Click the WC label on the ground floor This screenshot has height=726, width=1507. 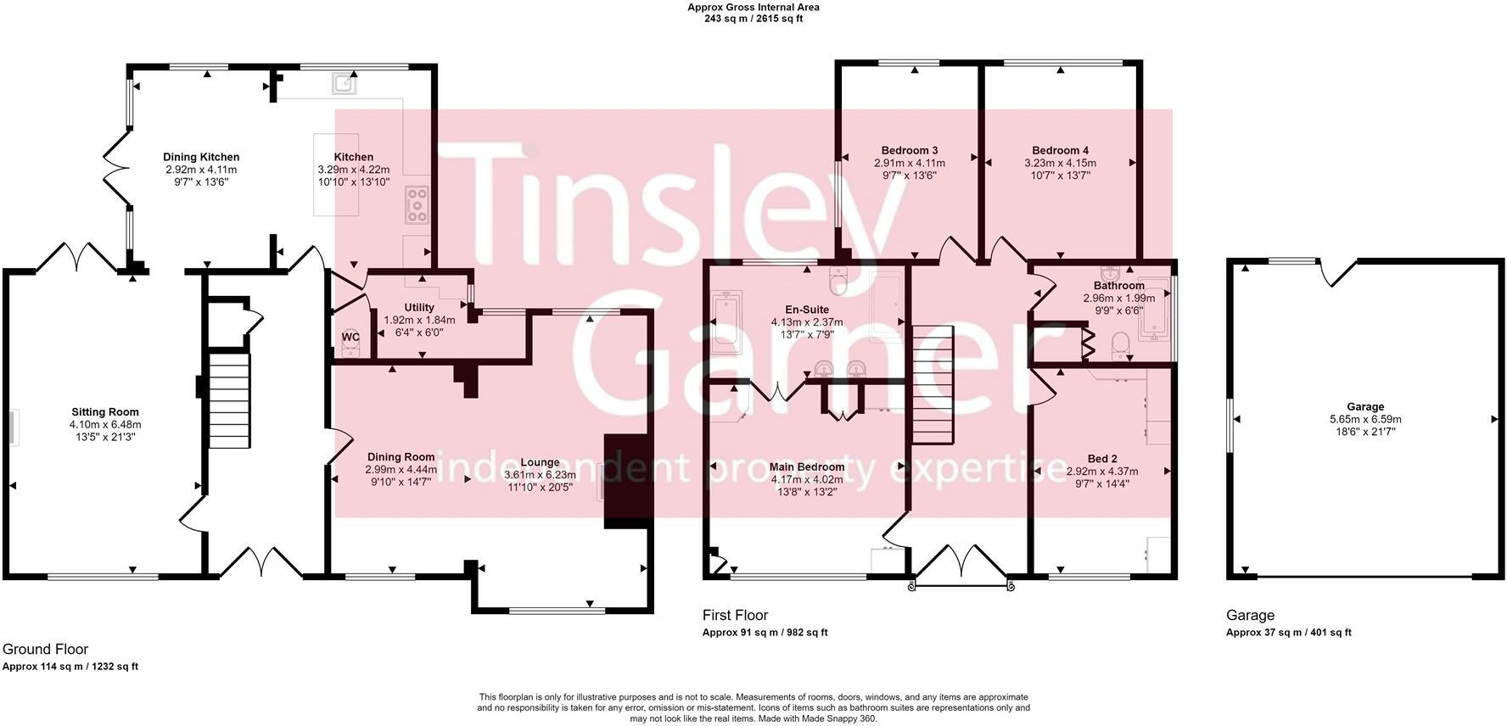[x=350, y=338]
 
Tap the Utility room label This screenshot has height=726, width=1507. [x=419, y=308]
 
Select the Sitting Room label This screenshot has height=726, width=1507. [x=105, y=413]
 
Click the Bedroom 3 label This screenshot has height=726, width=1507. [x=910, y=151]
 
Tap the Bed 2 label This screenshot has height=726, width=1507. [x=1102, y=459]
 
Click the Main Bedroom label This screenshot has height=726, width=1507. [x=807, y=467]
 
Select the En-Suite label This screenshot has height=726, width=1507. [x=807, y=310]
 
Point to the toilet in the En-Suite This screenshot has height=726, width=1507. [x=838, y=279]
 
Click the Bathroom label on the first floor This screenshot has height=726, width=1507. [x=1118, y=286]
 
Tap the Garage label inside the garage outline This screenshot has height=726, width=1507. [x=1365, y=407]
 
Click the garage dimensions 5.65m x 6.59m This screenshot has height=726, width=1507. [x=1365, y=419]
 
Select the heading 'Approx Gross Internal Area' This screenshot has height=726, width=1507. [x=753, y=8]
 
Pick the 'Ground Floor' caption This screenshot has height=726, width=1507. [x=46, y=650]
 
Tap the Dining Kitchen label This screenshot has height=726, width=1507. [x=201, y=157]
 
